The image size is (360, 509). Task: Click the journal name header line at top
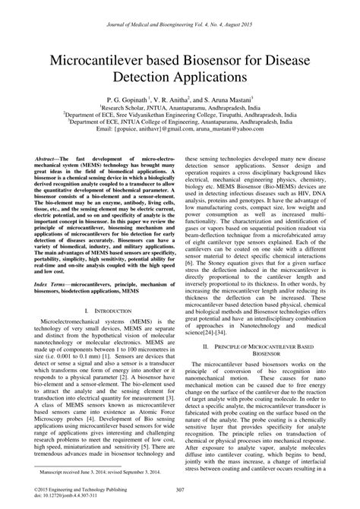(180, 7)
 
